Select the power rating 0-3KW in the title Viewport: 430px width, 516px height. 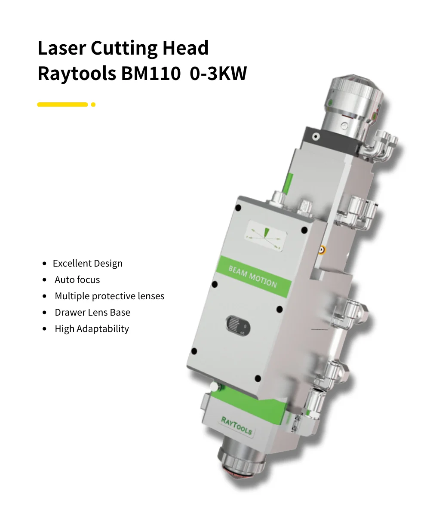(x=218, y=73)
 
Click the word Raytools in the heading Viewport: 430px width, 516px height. (x=76, y=73)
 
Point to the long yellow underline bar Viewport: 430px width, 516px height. (x=62, y=104)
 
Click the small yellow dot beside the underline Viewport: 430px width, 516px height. (x=93, y=104)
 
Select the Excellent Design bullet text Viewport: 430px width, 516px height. (x=87, y=264)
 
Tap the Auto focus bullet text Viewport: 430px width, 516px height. (x=77, y=280)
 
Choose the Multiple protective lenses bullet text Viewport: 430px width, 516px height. (x=109, y=296)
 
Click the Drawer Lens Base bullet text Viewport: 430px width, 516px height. (x=92, y=313)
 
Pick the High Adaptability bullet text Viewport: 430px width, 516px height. (x=92, y=329)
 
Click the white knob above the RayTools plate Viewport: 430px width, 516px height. (x=214, y=387)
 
